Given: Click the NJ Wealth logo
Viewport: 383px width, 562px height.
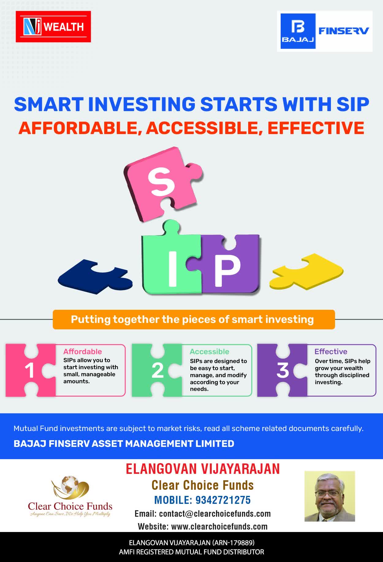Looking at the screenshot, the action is (x=53, y=27).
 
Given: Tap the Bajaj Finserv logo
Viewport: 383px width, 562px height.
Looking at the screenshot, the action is (x=325, y=31).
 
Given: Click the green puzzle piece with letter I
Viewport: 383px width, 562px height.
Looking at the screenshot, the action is (x=172, y=260).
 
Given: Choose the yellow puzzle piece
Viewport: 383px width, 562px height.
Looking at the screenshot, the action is (x=306, y=271).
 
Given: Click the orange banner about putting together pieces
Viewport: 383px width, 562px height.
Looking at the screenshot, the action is (x=194, y=320).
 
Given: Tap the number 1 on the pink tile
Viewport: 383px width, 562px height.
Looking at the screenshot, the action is (x=30, y=371).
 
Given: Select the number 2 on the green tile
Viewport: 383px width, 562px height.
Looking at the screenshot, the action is (x=157, y=371).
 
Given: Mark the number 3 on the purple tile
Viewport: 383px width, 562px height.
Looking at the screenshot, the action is (x=283, y=370).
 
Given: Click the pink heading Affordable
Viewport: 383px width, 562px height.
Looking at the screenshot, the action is (x=82, y=351).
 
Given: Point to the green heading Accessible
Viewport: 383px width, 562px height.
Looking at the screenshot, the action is (x=209, y=351).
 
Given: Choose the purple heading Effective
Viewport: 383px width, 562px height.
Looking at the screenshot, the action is (x=331, y=351).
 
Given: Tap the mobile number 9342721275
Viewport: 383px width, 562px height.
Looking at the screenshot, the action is (x=223, y=500).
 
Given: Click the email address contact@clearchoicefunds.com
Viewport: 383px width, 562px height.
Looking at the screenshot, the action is (x=215, y=514).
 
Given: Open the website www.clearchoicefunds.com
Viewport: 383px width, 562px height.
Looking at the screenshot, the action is (x=219, y=526).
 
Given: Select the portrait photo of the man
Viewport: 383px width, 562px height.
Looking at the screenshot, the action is (x=330, y=496).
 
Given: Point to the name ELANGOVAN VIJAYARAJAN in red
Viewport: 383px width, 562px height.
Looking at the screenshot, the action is (x=203, y=469).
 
